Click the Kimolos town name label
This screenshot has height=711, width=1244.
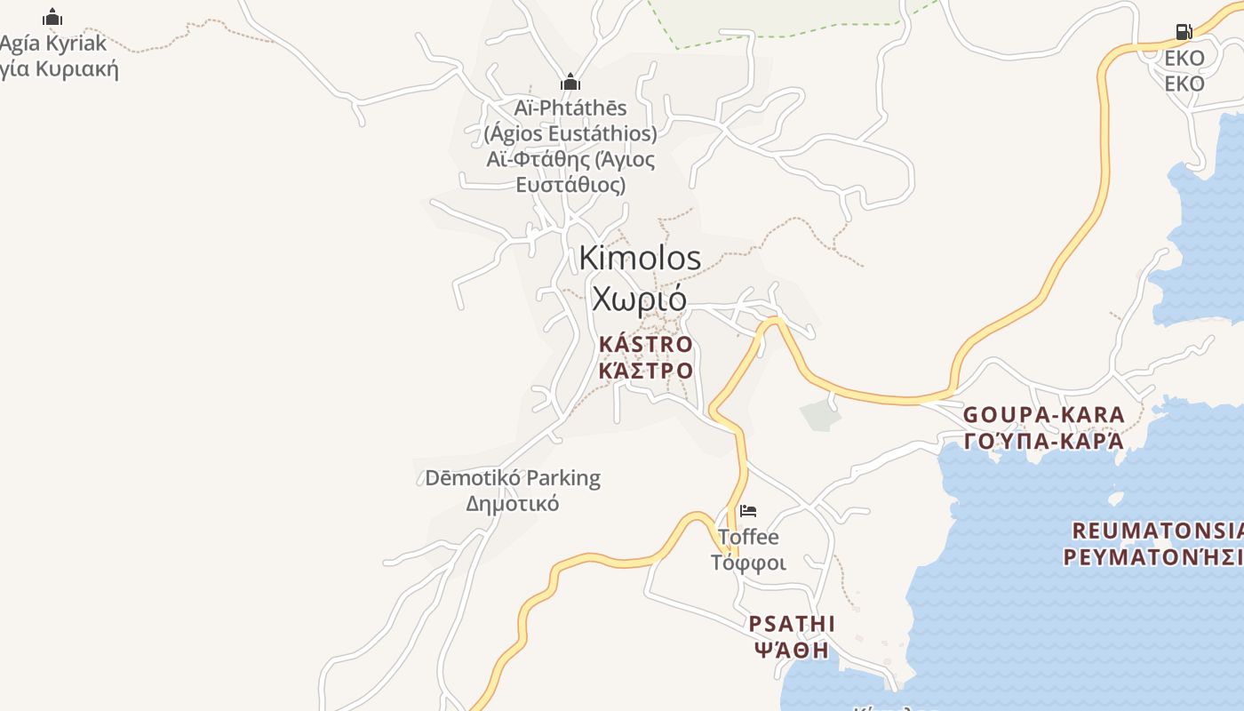point(640,258)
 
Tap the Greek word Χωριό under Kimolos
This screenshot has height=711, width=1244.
point(639,299)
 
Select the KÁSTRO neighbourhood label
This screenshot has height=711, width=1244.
point(646,344)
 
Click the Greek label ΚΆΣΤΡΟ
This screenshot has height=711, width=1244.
point(646,370)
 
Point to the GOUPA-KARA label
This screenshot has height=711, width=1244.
point(1044,415)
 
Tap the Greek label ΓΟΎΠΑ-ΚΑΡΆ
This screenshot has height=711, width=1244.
point(1044,441)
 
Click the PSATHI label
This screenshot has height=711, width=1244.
point(792,623)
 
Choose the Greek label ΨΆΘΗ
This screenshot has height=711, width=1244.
point(792,650)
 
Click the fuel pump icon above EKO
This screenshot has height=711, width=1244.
point(1184,33)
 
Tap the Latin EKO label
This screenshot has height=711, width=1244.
point(1184,59)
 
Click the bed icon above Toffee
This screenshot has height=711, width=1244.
point(748,511)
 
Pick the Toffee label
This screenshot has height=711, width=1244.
point(748,537)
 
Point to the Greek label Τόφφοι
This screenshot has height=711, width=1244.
point(748,563)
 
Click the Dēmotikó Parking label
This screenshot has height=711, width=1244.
point(513,478)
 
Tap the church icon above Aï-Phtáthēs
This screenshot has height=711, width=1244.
point(570,83)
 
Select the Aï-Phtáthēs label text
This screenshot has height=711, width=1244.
point(570,108)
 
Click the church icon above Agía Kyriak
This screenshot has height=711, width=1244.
point(53,17)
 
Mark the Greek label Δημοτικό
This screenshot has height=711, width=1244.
point(513,504)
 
